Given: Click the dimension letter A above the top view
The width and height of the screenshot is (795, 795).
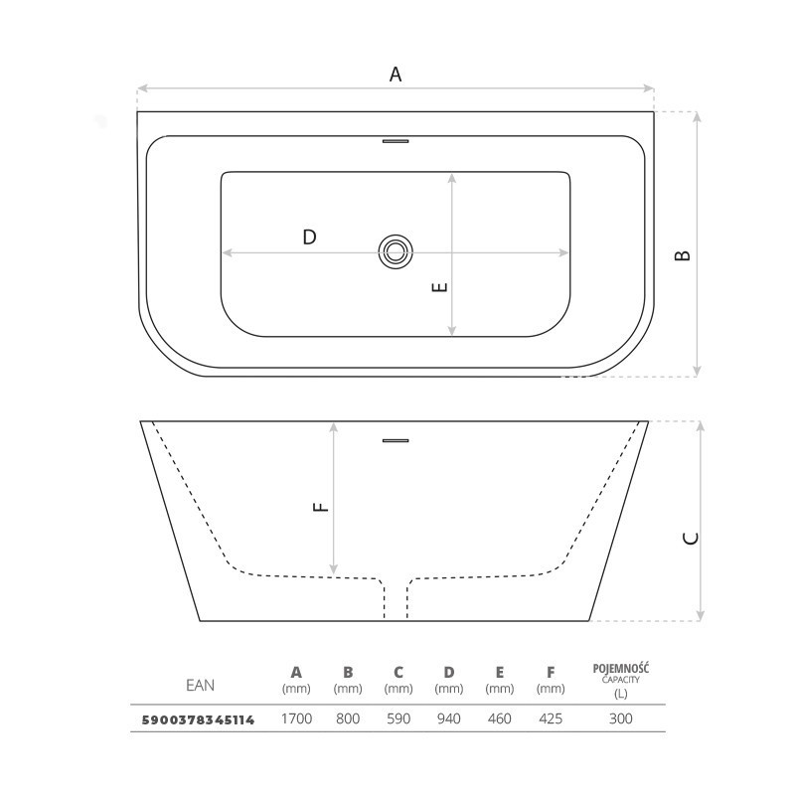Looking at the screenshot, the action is click(396, 75).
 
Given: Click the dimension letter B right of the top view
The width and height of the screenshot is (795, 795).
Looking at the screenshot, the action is click(683, 255).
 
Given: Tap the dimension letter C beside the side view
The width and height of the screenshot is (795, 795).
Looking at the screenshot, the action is click(691, 539).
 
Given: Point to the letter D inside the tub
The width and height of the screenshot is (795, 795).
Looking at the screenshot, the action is click(309, 237).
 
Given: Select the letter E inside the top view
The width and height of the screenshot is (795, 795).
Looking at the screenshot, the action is click(439, 287).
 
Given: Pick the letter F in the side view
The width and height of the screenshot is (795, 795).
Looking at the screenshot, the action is click(321, 507).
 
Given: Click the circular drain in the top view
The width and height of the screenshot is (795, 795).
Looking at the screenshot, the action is click(396, 251).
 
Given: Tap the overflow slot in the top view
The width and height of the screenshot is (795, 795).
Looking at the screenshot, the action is click(396, 141).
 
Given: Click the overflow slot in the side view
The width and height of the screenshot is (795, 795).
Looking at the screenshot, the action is click(396, 440).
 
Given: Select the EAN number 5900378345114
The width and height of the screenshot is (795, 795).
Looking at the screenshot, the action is click(198, 719).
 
